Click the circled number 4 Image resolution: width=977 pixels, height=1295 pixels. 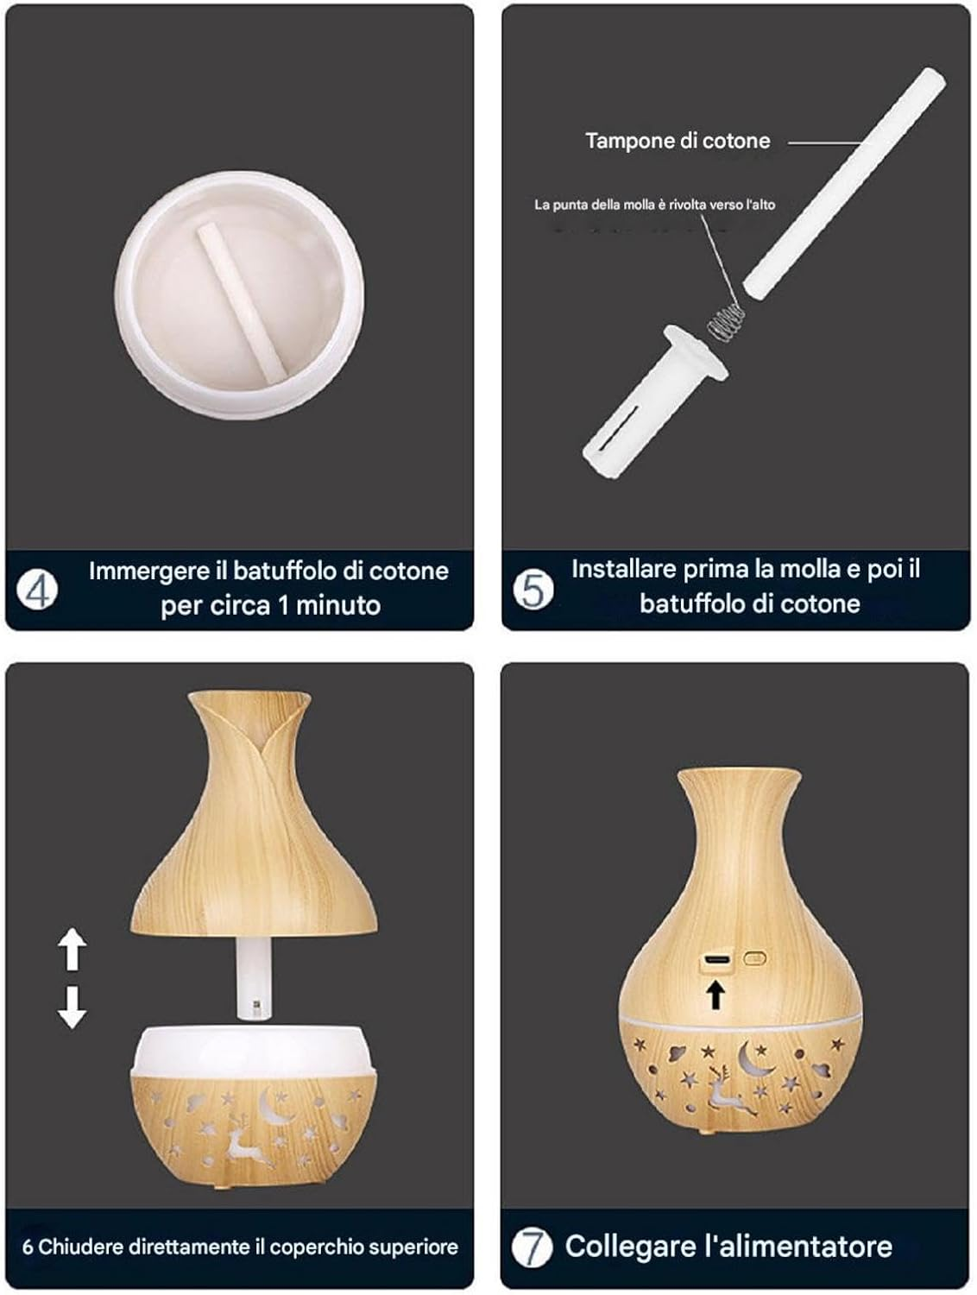pos(38,590)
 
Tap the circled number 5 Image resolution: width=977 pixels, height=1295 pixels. pos(533,590)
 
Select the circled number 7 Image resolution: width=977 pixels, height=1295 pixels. pos(532,1248)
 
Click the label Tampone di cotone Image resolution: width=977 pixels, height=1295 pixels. pos(678,141)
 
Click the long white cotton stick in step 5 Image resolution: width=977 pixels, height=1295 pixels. pos(844,182)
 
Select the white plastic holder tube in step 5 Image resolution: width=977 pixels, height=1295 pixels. pos(654,401)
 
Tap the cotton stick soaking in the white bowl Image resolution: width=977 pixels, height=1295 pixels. pos(242,302)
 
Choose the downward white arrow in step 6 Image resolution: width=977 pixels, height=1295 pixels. pos(72,1008)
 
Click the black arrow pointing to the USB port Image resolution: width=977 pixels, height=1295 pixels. pos(715,995)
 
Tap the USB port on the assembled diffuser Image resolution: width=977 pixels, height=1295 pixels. pos(716,960)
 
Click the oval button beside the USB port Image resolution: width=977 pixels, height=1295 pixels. pos(754,957)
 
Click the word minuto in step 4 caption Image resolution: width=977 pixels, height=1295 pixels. pos(337,606)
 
